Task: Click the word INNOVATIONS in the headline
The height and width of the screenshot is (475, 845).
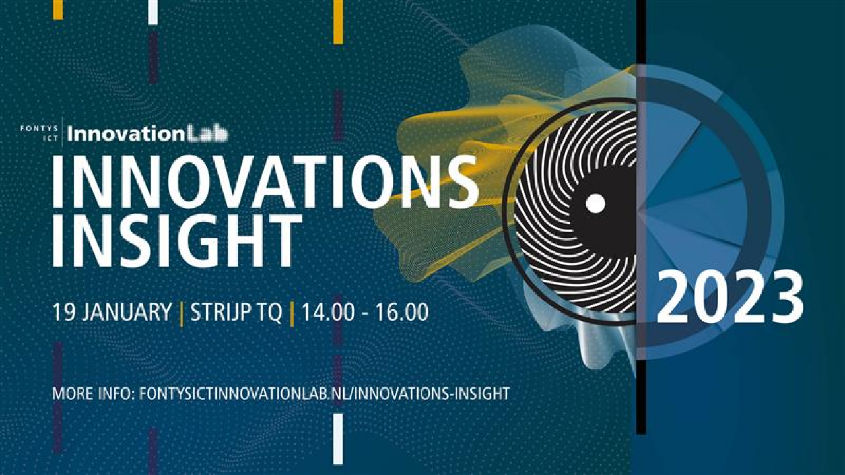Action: [x=265, y=181]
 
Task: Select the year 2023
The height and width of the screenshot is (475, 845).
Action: [x=730, y=297]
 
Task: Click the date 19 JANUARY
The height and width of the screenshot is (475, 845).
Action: [x=112, y=312]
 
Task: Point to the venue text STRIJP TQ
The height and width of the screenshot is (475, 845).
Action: [x=236, y=312]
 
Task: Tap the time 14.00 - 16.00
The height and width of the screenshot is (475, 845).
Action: [x=365, y=312]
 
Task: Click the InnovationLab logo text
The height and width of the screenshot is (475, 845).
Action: [x=147, y=134]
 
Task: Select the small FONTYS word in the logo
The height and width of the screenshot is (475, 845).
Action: [x=39, y=129]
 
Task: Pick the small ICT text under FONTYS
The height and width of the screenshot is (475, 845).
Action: [x=51, y=139]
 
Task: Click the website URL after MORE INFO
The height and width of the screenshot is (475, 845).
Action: [x=324, y=394]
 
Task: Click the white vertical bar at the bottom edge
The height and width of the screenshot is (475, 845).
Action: [x=339, y=439]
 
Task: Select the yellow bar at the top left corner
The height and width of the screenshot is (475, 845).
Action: [x=58, y=10]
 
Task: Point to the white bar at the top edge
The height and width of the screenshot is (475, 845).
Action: [x=152, y=13]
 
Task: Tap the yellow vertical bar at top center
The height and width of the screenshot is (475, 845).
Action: [x=339, y=22]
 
